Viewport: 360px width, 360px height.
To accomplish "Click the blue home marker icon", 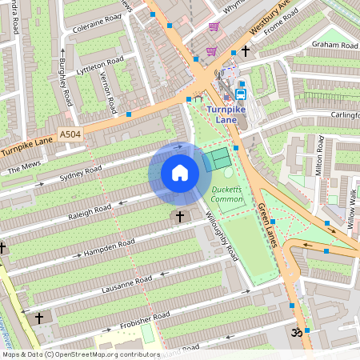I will tap(180, 173).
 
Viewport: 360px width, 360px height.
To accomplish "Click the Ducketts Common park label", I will tap(228, 194).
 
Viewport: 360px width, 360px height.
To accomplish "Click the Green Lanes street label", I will tap(266, 225).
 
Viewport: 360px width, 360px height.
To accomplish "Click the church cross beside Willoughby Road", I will tap(179, 217).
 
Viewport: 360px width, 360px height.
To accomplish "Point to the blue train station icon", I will tap(240, 94).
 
